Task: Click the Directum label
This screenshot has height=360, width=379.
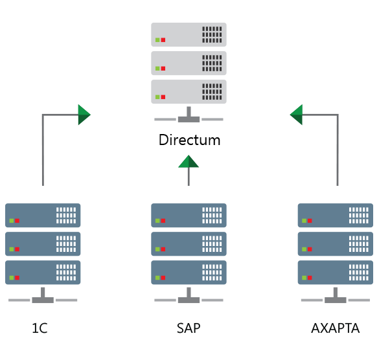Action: (x=189, y=140)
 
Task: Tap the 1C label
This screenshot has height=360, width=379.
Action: (x=40, y=328)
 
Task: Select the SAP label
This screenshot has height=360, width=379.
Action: (x=189, y=328)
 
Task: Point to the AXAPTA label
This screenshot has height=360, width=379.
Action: (x=335, y=328)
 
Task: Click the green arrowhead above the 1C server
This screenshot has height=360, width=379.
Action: (x=84, y=115)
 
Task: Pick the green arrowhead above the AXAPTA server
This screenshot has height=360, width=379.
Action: (x=296, y=115)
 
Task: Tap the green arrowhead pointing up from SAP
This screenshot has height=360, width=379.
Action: (x=189, y=161)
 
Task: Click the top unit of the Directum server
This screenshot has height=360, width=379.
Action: (x=189, y=34)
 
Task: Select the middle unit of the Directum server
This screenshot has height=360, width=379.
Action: (x=189, y=63)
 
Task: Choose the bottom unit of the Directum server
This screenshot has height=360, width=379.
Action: (x=189, y=91)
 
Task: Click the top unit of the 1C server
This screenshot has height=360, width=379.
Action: (x=43, y=215)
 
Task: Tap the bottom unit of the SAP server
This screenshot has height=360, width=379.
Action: (x=189, y=273)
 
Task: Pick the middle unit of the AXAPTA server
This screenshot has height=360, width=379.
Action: (x=336, y=244)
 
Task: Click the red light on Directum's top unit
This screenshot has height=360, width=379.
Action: (x=163, y=40)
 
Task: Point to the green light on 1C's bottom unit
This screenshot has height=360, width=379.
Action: (x=12, y=278)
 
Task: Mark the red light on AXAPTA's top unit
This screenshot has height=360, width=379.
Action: (x=310, y=221)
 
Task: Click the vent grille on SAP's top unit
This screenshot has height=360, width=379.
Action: (x=212, y=215)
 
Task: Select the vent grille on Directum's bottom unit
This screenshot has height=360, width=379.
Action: (x=212, y=91)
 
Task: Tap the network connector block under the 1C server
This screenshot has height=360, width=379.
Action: (x=43, y=300)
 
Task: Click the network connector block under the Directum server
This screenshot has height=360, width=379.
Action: (x=189, y=119)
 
